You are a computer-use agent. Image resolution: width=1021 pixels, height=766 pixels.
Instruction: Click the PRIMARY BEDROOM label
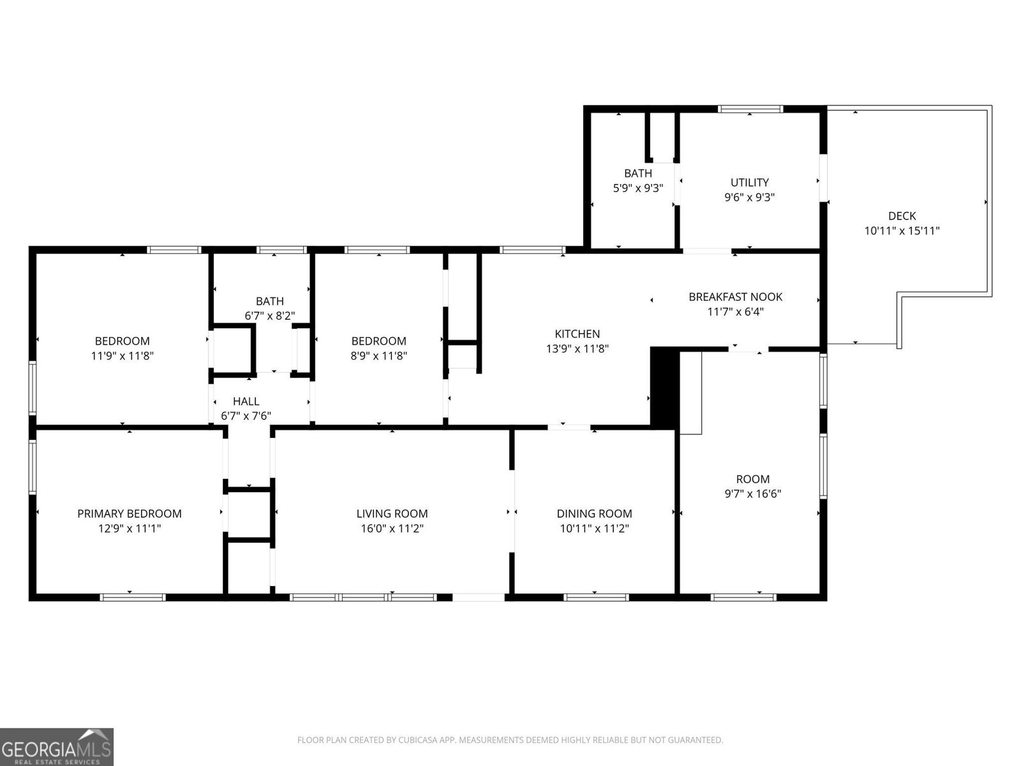click(x=129, y=513)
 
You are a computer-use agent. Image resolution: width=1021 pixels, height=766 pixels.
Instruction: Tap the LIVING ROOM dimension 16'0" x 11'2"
click(x=392, y=529)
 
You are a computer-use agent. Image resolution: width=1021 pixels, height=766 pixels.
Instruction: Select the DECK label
click(x=902, y=216)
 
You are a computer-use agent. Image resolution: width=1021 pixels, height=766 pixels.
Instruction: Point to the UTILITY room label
click(x=749, y=183)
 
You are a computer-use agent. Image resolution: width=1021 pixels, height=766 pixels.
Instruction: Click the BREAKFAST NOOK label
click(x=735, y=297)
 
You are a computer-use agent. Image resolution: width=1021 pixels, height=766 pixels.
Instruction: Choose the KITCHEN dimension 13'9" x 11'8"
click(x=577, y=349)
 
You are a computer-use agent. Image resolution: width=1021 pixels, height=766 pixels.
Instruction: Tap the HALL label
click(x=246, y=402)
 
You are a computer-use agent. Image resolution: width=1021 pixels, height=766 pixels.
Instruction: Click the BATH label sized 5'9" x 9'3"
click(x=637, y=174)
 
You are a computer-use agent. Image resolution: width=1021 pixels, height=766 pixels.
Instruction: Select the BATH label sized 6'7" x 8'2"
click(x=269, y=301)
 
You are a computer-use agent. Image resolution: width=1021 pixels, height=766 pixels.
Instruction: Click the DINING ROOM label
click(x=594, y=513)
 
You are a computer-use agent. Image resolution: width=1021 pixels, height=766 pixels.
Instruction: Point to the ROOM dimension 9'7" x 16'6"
click(x=753, y=494)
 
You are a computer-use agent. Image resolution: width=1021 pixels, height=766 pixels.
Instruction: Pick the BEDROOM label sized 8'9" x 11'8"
click(x=378, y=341)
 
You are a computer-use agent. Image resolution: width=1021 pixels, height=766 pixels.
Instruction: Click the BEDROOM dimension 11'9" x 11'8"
click(x=122, y=356)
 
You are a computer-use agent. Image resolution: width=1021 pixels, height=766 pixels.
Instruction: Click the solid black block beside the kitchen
click(x=664, y=386)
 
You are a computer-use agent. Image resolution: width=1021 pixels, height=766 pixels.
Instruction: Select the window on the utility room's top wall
click(x=750, y=109)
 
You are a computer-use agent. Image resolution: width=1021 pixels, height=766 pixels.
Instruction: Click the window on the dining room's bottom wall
click(x=597, y=597)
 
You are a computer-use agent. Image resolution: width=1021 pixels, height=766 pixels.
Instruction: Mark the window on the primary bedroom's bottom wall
click(x=133, y=597)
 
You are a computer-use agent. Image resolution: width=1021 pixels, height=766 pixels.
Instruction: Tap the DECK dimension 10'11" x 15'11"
click(x=902, y=231)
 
